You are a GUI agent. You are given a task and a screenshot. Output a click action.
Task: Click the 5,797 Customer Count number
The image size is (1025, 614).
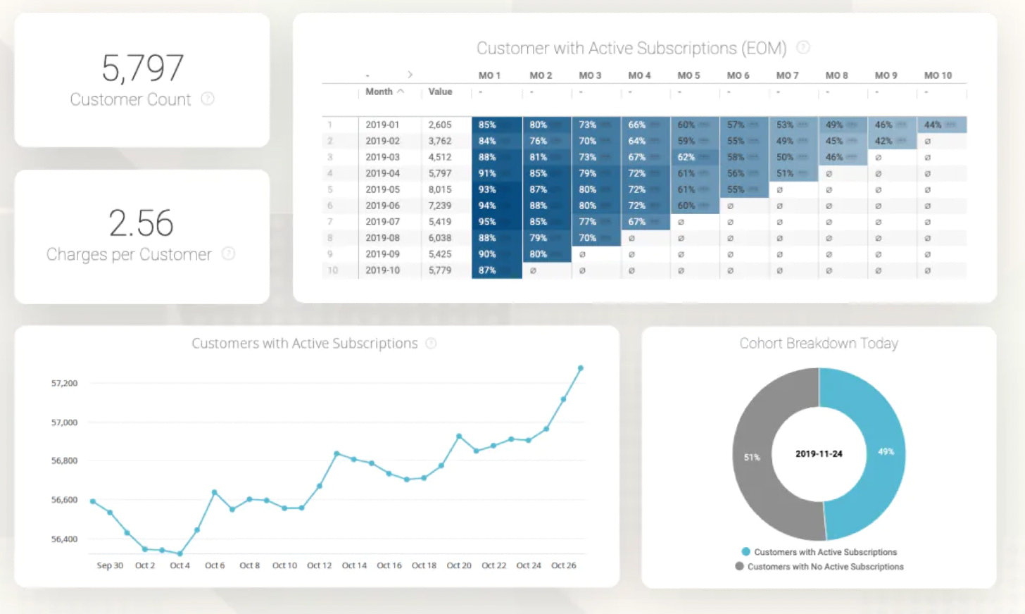coord(142,68)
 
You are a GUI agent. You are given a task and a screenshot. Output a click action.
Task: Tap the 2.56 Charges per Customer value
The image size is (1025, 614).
coord(141,223)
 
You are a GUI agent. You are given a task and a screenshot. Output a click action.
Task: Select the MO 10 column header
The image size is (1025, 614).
coord(938,75)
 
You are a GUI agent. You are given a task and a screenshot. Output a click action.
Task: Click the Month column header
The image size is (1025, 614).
coord(379,92)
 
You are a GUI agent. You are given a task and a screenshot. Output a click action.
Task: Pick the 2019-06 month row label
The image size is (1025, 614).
coord(382,206)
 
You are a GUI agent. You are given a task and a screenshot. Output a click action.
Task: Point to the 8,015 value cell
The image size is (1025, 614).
coord(440,189)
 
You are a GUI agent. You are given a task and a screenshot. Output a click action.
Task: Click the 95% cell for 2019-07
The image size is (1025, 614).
coord(487,222)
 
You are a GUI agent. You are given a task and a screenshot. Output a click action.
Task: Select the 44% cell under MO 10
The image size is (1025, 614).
coord(933,125)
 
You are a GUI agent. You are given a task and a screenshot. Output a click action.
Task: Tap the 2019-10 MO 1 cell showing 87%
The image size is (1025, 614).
coord(487,270)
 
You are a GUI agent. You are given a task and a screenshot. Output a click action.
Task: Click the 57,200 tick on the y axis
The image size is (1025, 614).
coord(64,383)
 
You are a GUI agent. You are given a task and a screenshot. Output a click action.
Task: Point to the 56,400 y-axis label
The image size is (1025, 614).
coord(64,539)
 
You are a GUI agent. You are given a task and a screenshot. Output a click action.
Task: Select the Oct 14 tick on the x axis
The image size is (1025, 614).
coord(354,565)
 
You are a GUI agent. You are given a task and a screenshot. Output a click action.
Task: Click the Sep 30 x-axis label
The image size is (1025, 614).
coord(110,565)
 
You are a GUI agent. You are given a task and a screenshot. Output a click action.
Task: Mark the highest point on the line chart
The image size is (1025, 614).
coord(581,368)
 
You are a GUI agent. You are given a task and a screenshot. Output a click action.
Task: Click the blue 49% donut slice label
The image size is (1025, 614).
coord(886,451)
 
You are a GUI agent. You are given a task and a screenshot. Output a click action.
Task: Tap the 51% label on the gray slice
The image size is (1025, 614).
coord(752,458)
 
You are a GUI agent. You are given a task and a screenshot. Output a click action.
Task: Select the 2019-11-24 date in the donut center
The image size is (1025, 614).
coord(819,454)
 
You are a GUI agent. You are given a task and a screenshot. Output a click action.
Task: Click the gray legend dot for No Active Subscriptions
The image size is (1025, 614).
coord(739,566)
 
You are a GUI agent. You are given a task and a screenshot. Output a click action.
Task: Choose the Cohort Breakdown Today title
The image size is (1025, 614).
coord(818,344)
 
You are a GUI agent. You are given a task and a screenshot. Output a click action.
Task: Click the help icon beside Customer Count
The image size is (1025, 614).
coord(208,99)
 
